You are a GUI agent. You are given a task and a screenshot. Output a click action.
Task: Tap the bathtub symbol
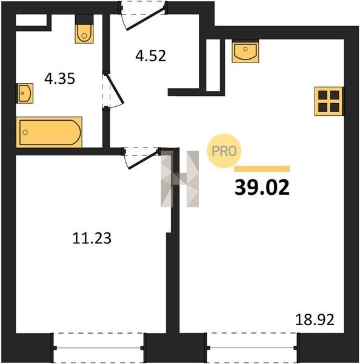click(49, 132)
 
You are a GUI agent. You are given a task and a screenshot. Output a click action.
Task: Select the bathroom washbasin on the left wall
click(25, 93)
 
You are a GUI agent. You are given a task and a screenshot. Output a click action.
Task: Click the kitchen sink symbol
click(245, 51)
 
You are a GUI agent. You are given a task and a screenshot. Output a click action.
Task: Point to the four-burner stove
click(328, 101)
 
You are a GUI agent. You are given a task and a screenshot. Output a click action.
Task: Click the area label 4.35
click(59, 78)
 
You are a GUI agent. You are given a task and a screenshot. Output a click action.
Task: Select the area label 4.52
click(151, 56)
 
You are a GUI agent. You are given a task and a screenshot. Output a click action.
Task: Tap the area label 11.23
click(92, 238)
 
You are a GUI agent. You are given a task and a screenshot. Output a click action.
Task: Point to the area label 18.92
click(315, 320)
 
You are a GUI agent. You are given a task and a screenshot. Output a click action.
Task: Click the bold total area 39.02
click(262, 187)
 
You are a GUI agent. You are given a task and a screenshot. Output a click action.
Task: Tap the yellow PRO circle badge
click(224, 151)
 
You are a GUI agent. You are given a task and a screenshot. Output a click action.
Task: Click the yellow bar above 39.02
click(262, 169)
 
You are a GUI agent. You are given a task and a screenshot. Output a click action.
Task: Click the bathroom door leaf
click(115, 89)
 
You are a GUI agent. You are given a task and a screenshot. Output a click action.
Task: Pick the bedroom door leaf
click(144, 159)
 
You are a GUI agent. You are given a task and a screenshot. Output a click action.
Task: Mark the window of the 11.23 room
click(98, 348)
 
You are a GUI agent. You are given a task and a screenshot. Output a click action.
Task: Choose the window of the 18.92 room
click(252, 348)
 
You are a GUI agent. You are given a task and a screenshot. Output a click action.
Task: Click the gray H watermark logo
click(180, 179)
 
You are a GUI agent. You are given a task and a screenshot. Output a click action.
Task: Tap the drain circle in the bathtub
click(25, 132)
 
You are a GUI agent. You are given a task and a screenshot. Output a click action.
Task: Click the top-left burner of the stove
click(322, 95)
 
